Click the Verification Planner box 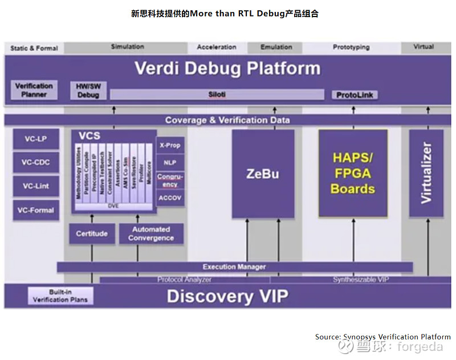coord(34,90)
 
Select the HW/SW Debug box coord(88,90)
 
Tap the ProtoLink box coord(355,95)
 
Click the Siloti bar coord(217,95)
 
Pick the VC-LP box coord(36,139)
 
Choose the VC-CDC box coord(36,163)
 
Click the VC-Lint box coord(36,186)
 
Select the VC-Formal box coord(36,210)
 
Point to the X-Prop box coord(170,145)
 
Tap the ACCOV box coord(170,197)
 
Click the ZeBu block coord(263,173)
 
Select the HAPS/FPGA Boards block coord(353,173)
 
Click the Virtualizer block coord(426,173)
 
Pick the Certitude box coord(92,233)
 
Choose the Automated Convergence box coord(151,233)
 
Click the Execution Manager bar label coord(234,266)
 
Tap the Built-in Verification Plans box coord(60,296)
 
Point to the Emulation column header coord(276,47)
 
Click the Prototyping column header coord(351,47)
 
